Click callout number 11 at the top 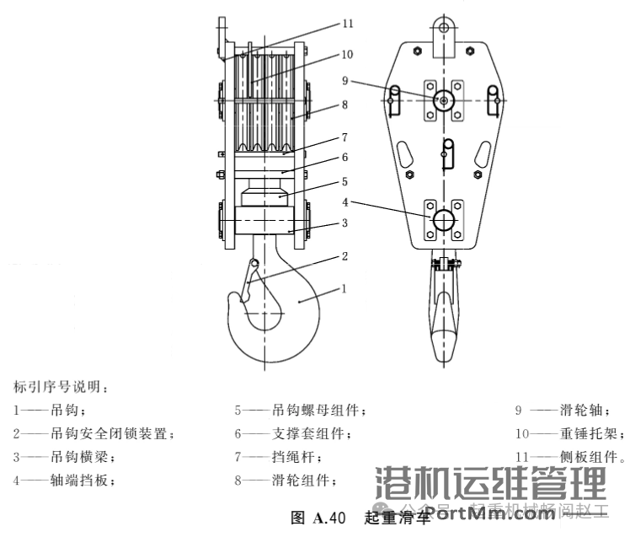348,24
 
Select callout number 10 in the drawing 348,55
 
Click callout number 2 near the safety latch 344,255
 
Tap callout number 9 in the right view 344,80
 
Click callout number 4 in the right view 345,202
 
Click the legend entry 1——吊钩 50,411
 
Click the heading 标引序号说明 60,388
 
